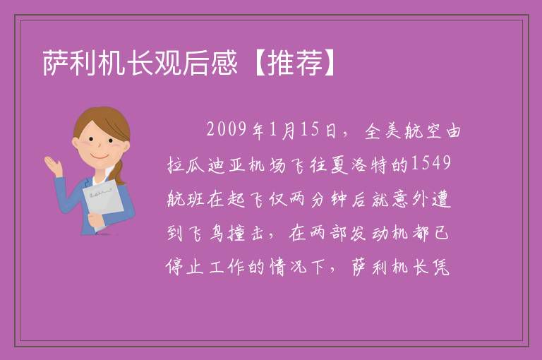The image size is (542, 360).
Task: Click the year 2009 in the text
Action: (x=227, y=130)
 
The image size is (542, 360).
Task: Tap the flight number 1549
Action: (x=430, y=163)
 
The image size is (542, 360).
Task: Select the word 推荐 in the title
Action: (x=295, y=63)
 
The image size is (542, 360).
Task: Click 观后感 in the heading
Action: (x=195, y=63)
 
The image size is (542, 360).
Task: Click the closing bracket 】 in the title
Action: (x=330, y=63)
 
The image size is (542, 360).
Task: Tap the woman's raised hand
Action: (x=54, y=166)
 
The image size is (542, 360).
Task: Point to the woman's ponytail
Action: (x=119, y=172)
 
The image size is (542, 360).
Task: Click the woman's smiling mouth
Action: (x=100, y=157)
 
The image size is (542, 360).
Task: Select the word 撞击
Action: (x=246, y=232)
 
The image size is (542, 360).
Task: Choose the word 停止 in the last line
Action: (x=186, y=266)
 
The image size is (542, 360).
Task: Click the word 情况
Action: (x=288, y=266)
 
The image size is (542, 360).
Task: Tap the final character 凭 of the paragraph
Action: (x=441, y=266)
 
